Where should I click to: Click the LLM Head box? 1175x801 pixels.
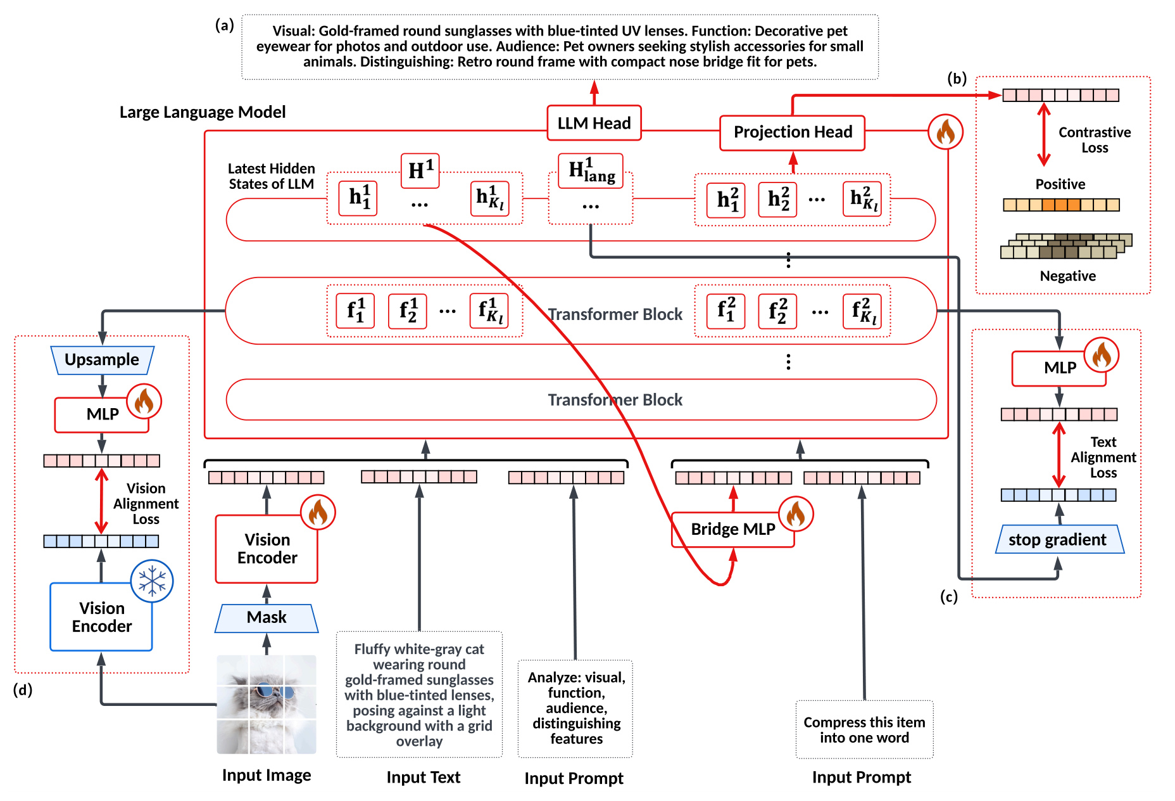pos(594,123)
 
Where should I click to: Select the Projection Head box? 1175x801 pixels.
pos(793,132)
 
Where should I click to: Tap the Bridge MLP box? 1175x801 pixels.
pos(732,529)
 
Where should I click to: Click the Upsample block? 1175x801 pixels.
pos(102,360)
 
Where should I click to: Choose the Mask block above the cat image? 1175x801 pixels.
pos(267,618)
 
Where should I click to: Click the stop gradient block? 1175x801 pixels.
pos(1059,539)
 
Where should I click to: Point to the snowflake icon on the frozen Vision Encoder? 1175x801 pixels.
pos(152,581)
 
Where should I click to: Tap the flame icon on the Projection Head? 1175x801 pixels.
pos(945,132)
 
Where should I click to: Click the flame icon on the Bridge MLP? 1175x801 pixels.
pos(795,515)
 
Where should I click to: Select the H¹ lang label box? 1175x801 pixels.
pos(591,170)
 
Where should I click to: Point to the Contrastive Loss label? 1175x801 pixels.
pos(1095,140)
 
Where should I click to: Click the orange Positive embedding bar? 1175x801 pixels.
pos(1061,205)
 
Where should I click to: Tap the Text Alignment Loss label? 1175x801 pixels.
pos(1103,458)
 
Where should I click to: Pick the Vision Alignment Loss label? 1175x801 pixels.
pos(146,504)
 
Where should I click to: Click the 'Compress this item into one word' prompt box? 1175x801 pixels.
pos(864,729)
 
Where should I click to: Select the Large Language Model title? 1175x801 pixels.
pos(203,112)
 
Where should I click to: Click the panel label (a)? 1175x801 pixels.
pos(225,25)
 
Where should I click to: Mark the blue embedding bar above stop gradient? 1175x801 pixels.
pos(1059,495)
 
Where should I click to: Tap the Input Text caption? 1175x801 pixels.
pos(424,778)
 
